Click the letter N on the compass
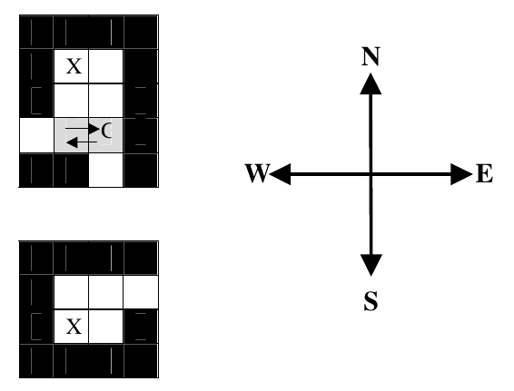coord(371,56)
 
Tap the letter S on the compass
coord(371,301)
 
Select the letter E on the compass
coord(485,173)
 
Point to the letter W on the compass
coord(258,173)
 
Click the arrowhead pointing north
coord(371,84)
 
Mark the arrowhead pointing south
coord(371,265)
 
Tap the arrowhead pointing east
coord(461,174)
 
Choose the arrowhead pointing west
coord(280,174)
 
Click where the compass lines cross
coord(371,174)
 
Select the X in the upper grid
coord(74,66)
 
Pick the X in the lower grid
coord(74,327)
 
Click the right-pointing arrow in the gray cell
coord(83,129)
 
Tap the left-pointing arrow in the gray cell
coord(82,142)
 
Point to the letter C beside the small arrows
coord(106,130)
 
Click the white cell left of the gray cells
coord(36,135)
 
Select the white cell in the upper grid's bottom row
coord(106,170)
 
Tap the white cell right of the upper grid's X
coord(106,66)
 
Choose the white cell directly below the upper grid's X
coord(71,101)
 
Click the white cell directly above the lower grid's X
coord(71,292)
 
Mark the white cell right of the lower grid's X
coord(106,327)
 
